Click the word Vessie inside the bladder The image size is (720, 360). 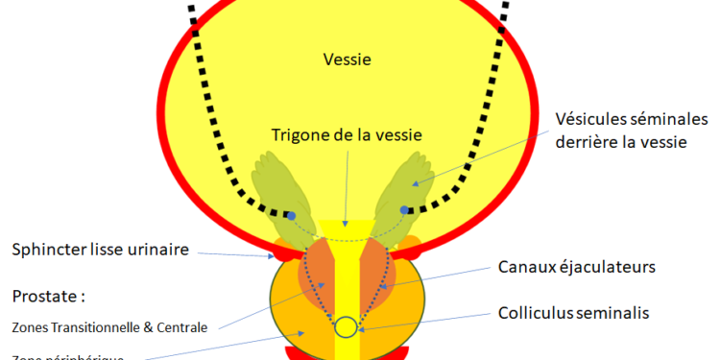tap(348, 60)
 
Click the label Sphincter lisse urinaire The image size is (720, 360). tap(101, 251)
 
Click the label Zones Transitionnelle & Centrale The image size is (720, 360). tap(109, 326)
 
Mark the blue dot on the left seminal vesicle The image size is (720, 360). tap(290, 215)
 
